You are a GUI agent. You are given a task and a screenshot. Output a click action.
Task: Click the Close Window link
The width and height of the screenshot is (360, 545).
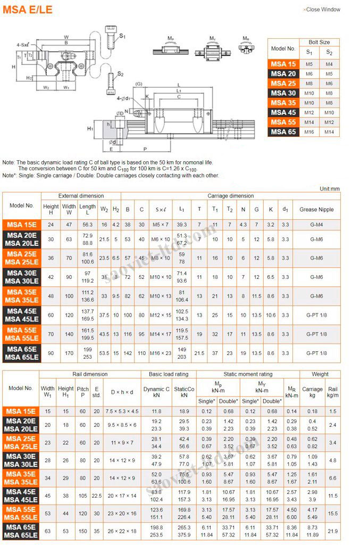click(322, 10)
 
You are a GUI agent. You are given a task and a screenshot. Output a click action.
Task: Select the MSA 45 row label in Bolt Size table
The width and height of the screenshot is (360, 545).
click(283, 112)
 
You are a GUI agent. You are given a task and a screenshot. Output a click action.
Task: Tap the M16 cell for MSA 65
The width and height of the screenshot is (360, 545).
click(309, 132)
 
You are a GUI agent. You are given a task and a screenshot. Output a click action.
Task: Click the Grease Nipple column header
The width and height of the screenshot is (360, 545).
click(316, 209)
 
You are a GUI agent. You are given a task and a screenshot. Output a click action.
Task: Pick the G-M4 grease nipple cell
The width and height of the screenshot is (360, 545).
click(316, 225)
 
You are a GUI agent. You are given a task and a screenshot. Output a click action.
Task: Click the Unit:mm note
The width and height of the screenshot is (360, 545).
click(330, 189)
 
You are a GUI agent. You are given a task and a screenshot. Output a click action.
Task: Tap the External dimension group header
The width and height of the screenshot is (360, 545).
click(81, 196)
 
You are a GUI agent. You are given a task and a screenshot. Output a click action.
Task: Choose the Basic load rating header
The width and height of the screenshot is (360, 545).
click(168, 374)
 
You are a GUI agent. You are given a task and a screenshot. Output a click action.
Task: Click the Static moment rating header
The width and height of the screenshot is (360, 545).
click(247, 374)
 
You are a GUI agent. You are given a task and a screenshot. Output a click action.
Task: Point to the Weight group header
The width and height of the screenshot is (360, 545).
click(320, 374)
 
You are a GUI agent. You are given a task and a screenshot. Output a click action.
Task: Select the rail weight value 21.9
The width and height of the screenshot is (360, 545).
click(333, 532)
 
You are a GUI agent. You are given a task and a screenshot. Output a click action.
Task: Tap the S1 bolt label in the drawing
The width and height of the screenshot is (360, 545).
click(122, 36)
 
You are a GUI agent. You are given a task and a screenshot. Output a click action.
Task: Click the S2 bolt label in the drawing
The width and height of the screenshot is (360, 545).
click(121, 74)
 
